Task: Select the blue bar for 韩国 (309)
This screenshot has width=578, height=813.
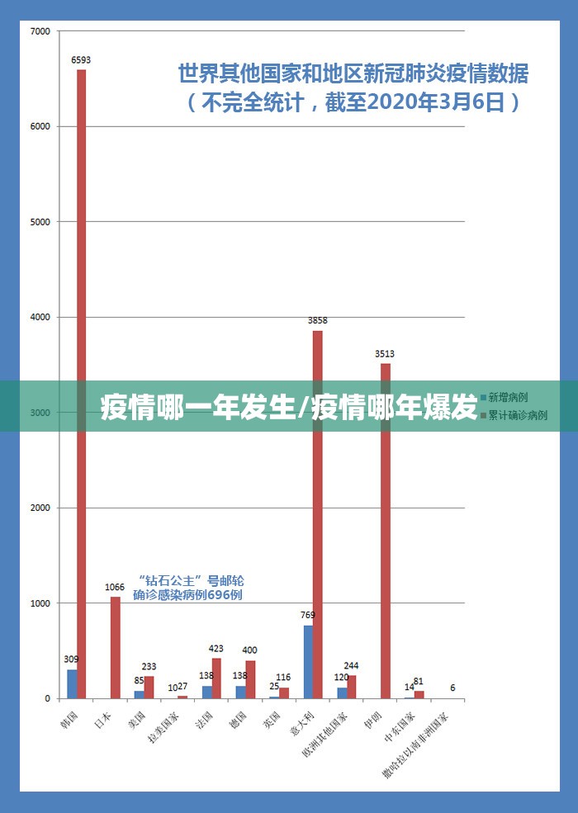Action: click(72, 683)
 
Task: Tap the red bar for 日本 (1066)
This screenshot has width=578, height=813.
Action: click(116, 648)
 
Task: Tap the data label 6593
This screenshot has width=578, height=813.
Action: click(82, 59)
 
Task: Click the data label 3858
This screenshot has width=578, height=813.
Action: click(318, 320)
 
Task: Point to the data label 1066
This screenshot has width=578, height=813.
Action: click(115, 587)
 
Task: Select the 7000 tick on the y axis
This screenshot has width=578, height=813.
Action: click(40, 31)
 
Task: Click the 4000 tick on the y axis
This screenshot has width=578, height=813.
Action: click(40, 317)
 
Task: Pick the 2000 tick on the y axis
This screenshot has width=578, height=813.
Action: click(40, 508)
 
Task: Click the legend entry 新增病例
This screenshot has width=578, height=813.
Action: click(508, 397)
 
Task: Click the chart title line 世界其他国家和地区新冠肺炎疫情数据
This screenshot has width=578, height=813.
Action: click(353, 74)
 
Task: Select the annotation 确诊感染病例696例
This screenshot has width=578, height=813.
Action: click(187, 595)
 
